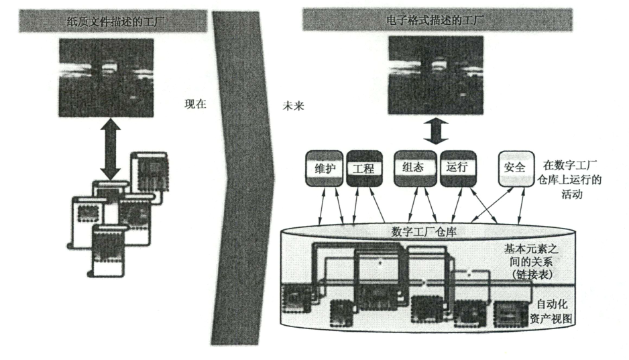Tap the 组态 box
point(413,168)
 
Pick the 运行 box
point(456,168)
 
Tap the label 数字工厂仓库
point(424,231)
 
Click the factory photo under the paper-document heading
point(106,75)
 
